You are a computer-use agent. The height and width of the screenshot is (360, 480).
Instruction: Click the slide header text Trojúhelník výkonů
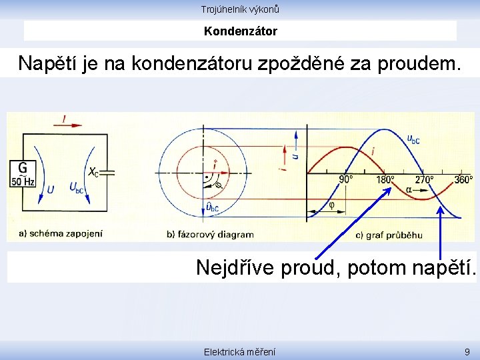[240, 9]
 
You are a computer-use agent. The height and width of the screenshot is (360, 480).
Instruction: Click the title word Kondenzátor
[240, 31]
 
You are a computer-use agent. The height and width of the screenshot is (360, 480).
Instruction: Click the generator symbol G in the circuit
[23, 168]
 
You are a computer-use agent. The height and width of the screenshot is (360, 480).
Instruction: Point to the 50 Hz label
[23, 181]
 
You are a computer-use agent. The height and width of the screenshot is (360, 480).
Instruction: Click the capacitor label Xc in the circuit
[94, 172]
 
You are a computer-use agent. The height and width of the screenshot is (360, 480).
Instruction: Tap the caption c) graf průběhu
[389, 234]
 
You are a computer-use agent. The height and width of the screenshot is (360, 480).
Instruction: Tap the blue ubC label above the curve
[413, 139]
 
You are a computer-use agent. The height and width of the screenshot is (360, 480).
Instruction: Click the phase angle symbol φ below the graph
[332, 205]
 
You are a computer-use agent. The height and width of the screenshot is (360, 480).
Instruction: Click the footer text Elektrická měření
[240, 351]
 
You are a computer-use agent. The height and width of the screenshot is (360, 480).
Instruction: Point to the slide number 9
[466, 351]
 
